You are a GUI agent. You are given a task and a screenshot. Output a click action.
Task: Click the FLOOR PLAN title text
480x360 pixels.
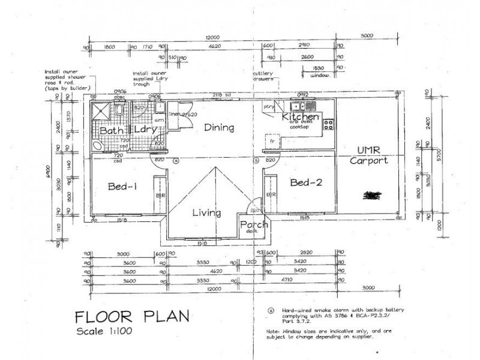tap(131, 316)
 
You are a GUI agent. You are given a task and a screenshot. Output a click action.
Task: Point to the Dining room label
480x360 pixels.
tap(218, 128)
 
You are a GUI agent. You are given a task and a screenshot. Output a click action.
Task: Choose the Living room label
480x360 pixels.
tap(206, 213)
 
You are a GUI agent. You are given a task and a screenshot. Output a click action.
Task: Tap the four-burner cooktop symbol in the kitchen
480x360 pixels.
tap(328, 125)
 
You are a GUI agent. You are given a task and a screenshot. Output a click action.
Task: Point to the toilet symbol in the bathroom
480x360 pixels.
tap(119, 111)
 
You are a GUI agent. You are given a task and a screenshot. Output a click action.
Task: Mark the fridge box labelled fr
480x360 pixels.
tap(272, 142)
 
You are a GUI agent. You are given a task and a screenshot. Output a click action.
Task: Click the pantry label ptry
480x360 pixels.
tap(268, 107)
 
